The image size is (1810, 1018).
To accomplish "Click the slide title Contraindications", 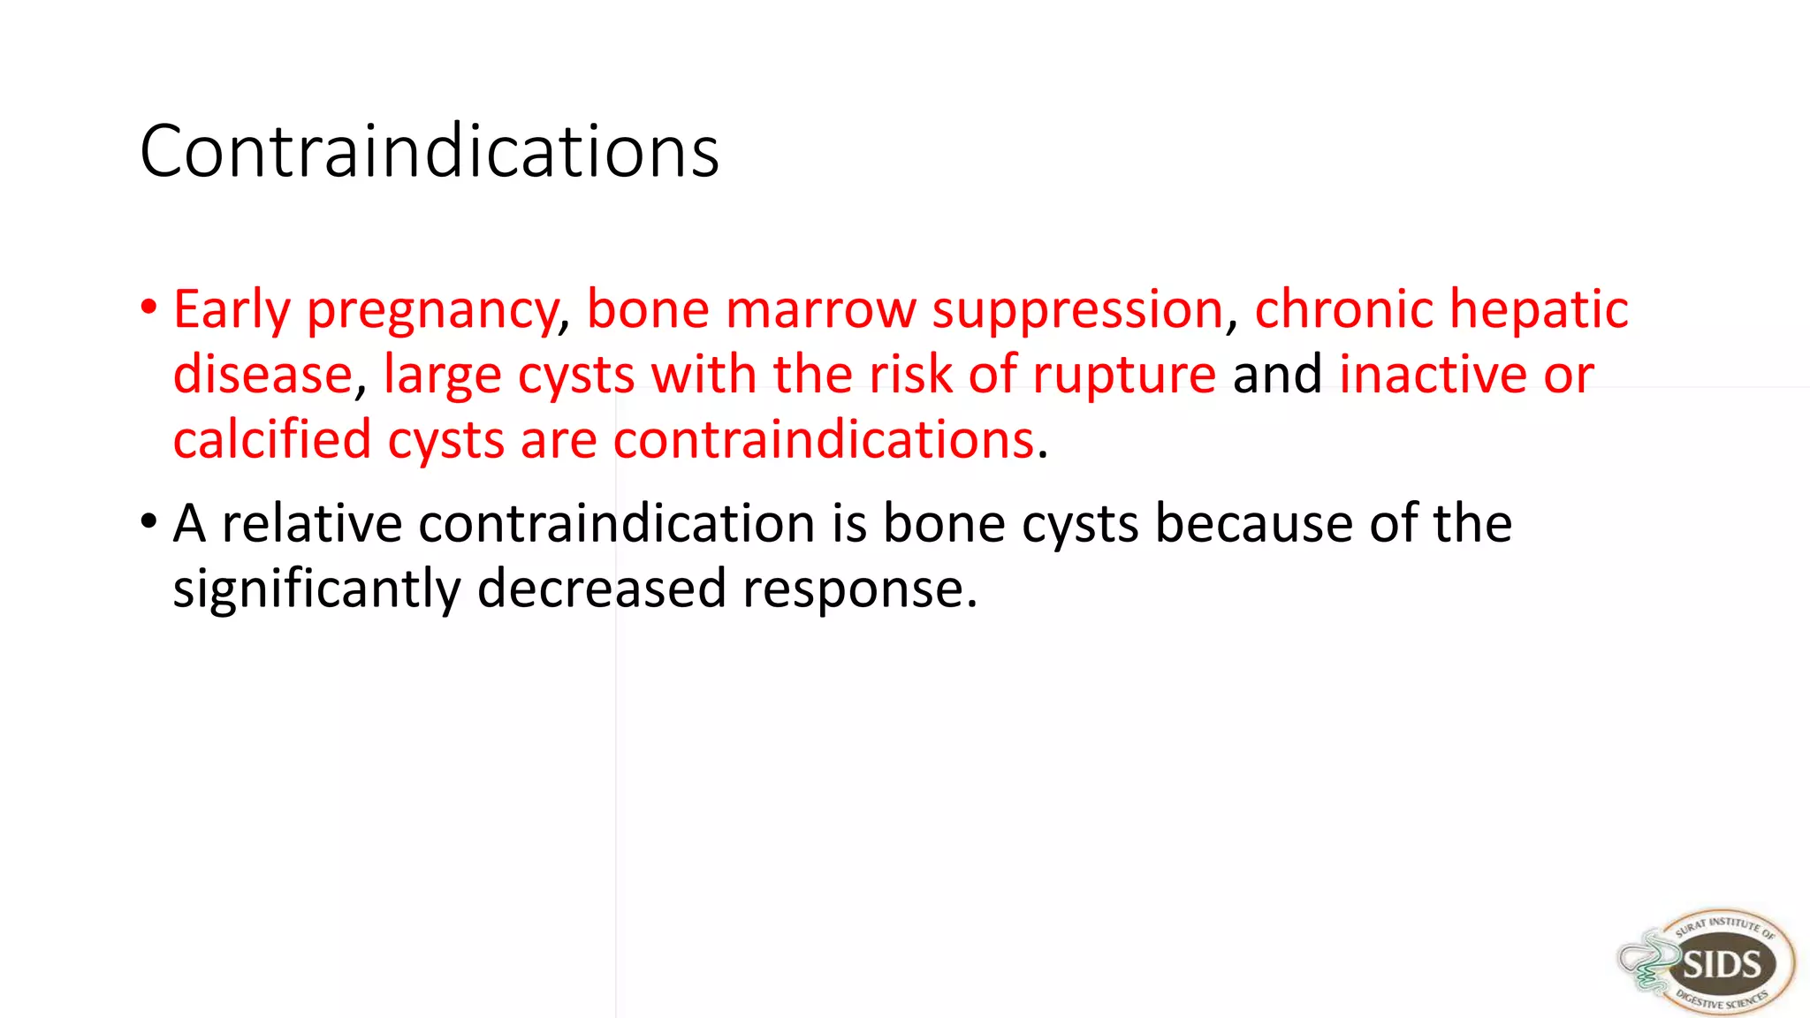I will click(430, 152).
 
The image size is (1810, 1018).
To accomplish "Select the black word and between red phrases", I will click(1277, 375).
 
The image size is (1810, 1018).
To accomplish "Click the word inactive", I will click(1433, 375).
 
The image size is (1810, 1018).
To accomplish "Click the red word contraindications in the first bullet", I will click(824, 439).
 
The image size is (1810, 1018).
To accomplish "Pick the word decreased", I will click(601, 589).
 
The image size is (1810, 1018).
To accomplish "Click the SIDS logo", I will click(1708, 962).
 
